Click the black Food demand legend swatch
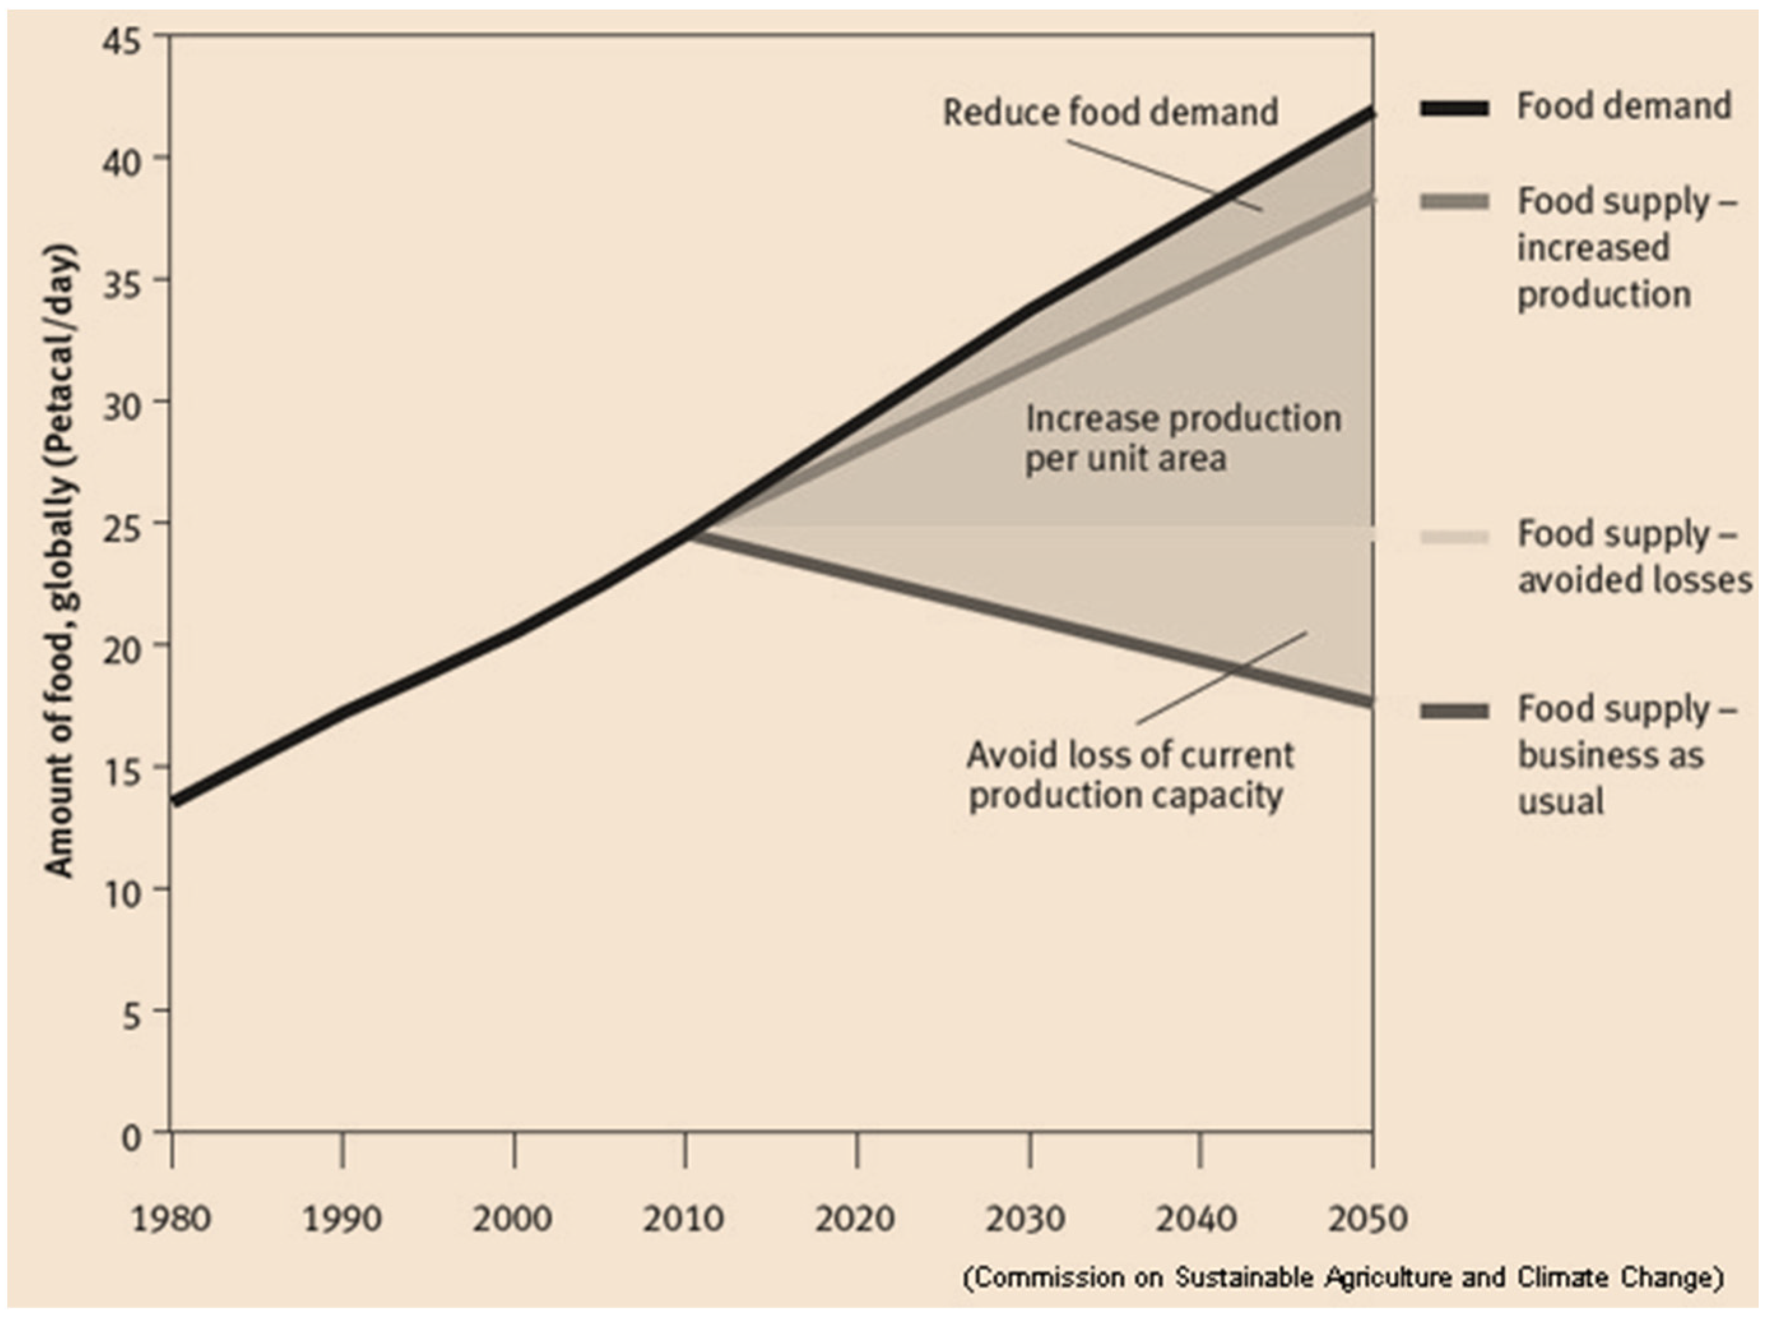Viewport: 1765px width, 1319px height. click(x=1454, y=108)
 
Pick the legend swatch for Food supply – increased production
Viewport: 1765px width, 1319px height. click(x=1454, y=203)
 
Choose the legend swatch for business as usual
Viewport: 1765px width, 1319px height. click(x=1454, y=711)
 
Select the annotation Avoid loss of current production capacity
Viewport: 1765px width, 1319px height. click(x=1129, y=775)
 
